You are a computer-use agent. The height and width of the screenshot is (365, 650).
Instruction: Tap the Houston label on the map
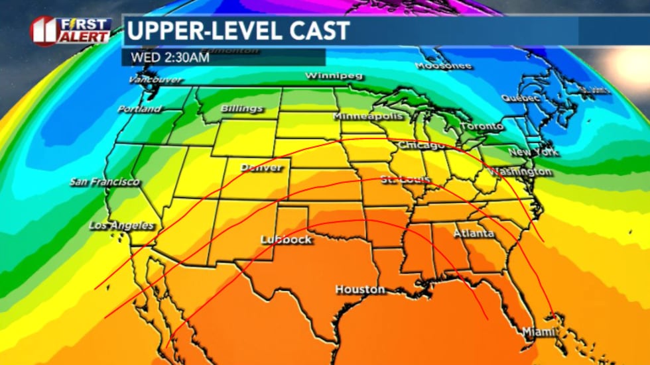359,289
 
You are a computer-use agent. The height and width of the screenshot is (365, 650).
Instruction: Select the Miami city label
537,331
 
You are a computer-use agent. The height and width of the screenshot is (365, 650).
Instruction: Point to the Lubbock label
286,239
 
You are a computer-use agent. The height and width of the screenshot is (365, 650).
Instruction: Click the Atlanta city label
474,233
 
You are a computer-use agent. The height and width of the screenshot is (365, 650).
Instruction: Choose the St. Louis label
406,180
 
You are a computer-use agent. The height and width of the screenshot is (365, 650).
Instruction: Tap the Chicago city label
421,145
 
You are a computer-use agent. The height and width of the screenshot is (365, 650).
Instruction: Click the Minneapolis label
367,116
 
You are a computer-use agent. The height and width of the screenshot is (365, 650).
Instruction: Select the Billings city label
241,108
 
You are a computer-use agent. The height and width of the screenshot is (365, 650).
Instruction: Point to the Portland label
139,109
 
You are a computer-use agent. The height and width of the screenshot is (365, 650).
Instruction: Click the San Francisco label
105,182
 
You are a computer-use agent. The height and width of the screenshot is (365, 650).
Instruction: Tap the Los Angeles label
121,226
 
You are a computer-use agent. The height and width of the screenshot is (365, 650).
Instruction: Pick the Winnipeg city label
334,76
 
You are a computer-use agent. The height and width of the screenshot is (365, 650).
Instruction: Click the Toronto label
482,126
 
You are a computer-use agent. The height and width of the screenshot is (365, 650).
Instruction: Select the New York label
533,152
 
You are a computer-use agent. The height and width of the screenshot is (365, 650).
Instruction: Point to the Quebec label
520,97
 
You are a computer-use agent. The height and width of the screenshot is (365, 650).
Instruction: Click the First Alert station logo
71,30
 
